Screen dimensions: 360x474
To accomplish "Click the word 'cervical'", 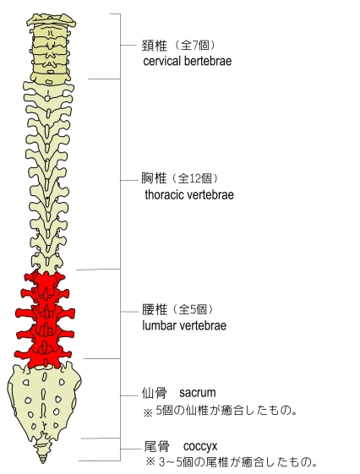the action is (162, 61).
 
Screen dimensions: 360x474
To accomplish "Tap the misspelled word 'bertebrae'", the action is (208, 61).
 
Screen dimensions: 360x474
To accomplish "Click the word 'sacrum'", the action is (198, 393).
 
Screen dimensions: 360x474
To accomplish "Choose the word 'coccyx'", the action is (200, 446).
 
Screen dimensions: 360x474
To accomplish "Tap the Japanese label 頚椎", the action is (154, 46).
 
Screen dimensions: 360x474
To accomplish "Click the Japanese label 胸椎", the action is (154, 178).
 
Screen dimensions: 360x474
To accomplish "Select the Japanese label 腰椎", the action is (155, 309).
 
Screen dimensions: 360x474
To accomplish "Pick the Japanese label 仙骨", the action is (154, 393).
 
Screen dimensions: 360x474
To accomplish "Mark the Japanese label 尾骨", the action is (156, 447).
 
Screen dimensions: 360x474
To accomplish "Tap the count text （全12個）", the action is (195, 178).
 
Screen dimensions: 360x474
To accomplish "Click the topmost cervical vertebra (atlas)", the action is (51, 21).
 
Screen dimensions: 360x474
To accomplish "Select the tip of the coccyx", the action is (43, 462).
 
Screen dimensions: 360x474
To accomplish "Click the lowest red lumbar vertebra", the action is (43, 354).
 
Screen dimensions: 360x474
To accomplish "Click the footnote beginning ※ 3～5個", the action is (232, 462).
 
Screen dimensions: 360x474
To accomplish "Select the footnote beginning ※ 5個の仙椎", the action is (220, 411).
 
